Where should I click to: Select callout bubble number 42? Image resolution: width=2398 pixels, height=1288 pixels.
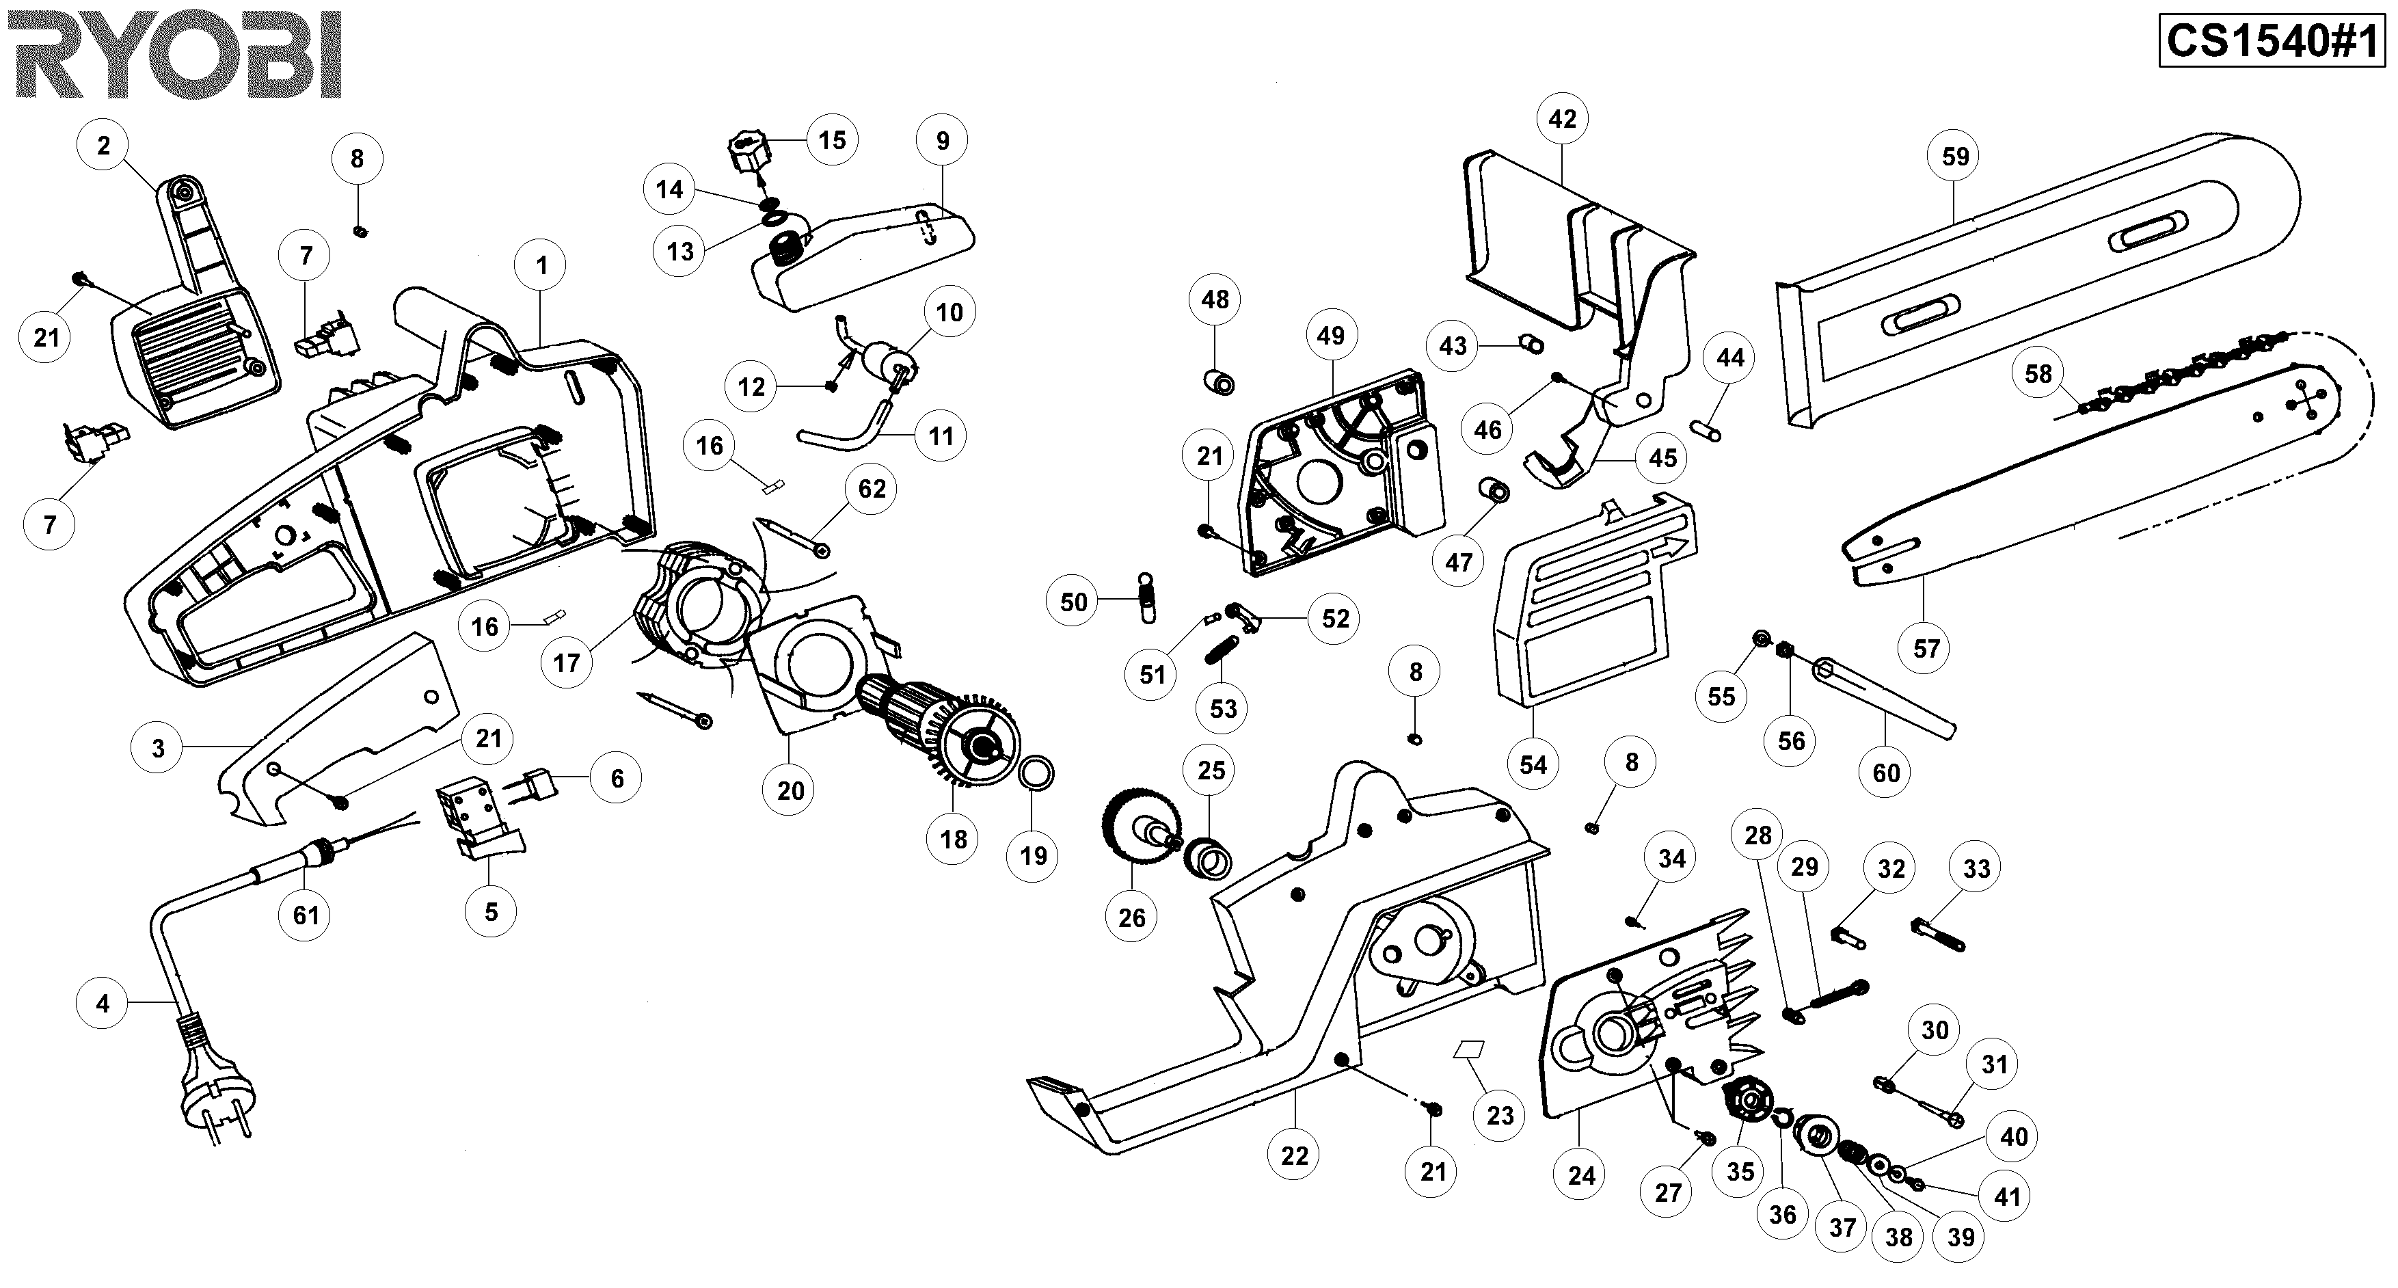[1562, 119]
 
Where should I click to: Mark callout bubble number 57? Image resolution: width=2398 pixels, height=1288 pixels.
[1926, 648]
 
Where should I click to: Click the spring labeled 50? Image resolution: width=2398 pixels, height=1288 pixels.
[1148, 598]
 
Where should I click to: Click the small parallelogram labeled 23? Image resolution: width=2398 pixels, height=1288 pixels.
[1469, 1049]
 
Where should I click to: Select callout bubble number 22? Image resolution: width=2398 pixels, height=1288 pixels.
[1294, 1156]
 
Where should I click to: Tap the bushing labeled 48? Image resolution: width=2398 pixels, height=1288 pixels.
[1220, 381]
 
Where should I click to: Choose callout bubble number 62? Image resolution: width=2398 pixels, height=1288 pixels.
[872, 489]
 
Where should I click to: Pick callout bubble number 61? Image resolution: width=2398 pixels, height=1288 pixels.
[306, 915]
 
